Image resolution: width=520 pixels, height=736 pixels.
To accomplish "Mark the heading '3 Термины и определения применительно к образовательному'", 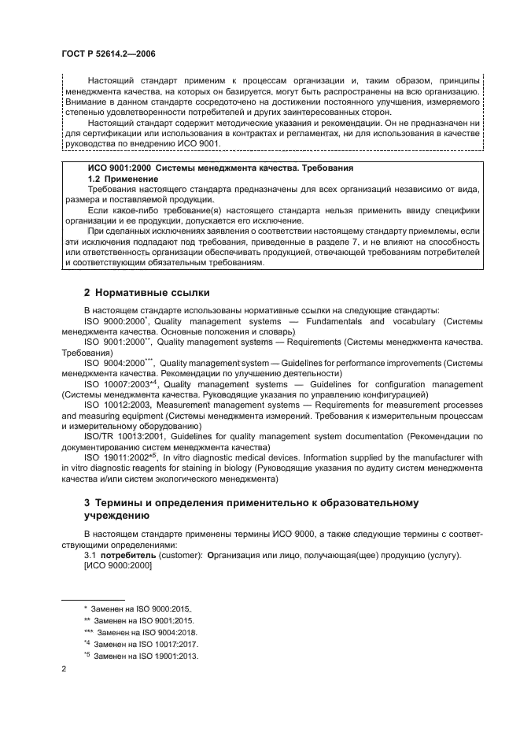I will click(x=250, y=502).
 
